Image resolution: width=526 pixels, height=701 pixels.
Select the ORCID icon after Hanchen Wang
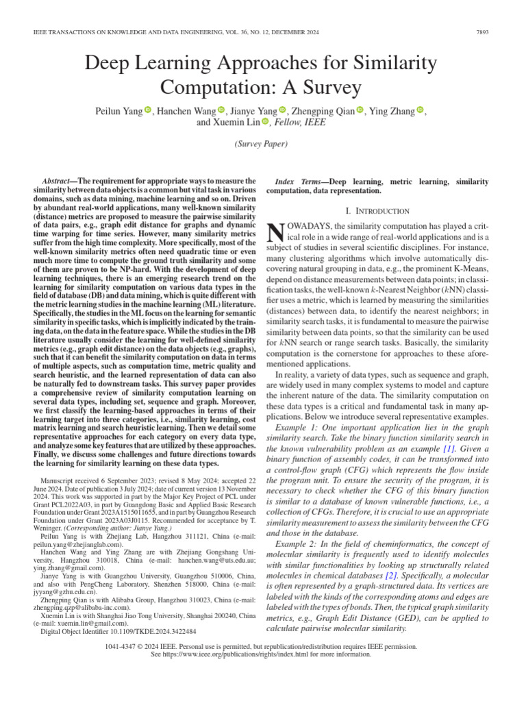pyautogui.click(x=221, y=111)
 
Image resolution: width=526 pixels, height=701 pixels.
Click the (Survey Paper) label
pyautogui.click(x=262, y=144)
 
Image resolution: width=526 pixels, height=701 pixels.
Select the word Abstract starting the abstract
pyautogui.click(x=58, y=180)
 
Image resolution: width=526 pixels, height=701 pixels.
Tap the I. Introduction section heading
pyautogui.click(x=379, y=212)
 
